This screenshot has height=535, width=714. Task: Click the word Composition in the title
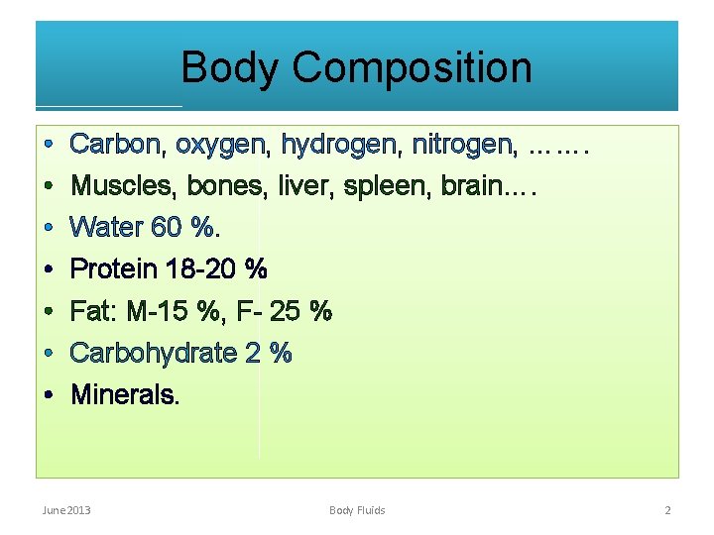[412, 68]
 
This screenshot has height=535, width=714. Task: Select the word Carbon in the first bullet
[115, 145]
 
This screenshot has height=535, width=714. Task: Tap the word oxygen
[221, 146]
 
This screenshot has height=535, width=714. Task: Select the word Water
[106, 228]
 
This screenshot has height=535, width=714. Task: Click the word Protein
[111, 269]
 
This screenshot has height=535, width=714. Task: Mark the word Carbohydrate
[152, 353]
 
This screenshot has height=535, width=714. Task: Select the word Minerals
[124, 395]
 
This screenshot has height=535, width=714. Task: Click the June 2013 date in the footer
[66, 510]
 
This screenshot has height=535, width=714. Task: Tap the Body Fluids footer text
[357, 510]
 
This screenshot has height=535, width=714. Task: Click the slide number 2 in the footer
[667, 510]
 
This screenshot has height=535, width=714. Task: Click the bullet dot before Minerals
[49, 395]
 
